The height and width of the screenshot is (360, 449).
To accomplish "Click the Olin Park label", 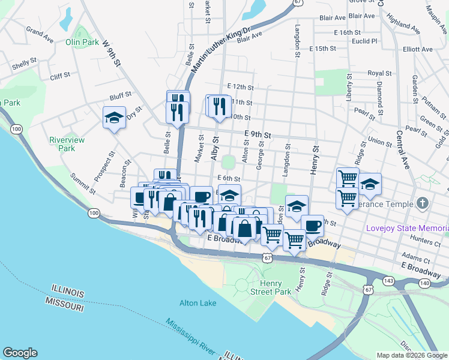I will click(82, 43).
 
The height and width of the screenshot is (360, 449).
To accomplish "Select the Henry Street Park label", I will click(276, 287).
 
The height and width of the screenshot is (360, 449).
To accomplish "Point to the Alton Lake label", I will click(197, 303).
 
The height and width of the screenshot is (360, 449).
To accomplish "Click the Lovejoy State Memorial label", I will click(407, 229).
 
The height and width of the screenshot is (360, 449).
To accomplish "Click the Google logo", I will click(19, 353).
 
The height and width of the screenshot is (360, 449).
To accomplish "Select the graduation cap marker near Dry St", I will click(113, 118).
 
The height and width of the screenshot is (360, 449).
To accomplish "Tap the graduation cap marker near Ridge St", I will click(370, 184).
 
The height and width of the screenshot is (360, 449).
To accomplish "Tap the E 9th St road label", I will click(258, 136).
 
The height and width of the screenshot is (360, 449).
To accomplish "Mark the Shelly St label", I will click(24, 63).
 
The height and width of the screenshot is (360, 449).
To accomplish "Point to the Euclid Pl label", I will click(365, 41).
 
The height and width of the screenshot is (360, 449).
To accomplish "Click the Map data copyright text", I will click(411, 355).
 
